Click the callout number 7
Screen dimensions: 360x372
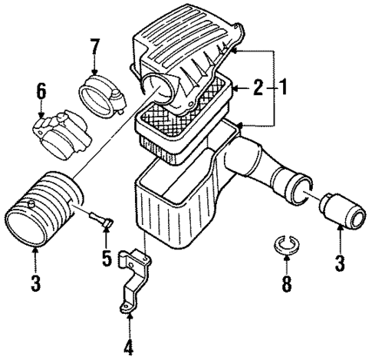pyautogui.click(x=96, y=50)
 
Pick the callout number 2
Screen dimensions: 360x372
pyautogui.click(x=259, y=89)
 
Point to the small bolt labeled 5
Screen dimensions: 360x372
pyautogui.click(x=98, y=220)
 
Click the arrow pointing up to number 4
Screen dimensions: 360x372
pyautogui.click(x=129, y=316)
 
